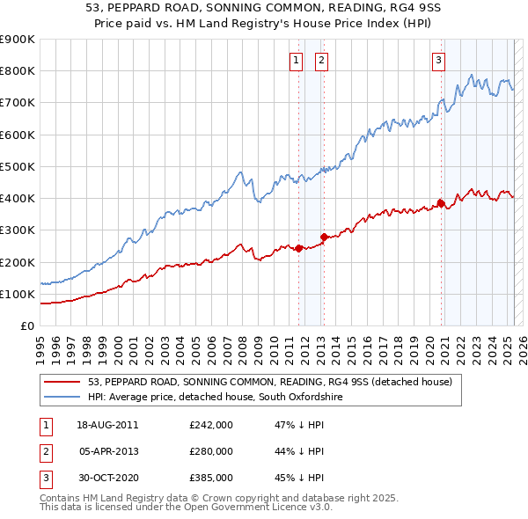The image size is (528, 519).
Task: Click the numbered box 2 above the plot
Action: [x=322, y=61]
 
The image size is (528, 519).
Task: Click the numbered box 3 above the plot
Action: [x=438, y=61]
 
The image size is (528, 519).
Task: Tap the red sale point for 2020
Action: [x=440, y=203]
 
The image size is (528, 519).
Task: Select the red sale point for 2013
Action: [x=324, y=237]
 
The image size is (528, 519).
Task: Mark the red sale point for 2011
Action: [x=298, y=248]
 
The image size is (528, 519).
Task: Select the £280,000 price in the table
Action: [x=211, y=451]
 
